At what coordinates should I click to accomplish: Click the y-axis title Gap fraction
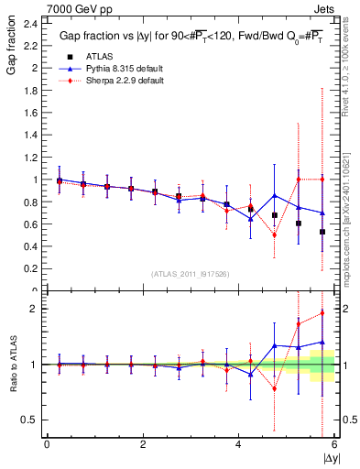coord(12,48)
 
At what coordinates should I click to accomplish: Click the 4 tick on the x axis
coord(239,444)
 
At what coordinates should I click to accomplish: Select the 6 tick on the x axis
coord(334,444)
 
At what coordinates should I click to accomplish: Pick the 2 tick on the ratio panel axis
coord(35,309)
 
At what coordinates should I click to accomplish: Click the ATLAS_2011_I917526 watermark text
coord(191,274)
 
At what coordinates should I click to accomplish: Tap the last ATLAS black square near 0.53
coord(322,232)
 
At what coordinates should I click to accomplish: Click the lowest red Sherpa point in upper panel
coord(275,235)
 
